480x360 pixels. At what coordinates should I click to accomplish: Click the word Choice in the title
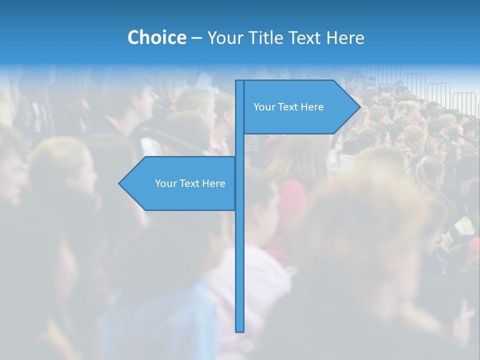[x=156, y=37]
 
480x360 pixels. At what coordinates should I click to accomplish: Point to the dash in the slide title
[x=196, y=38]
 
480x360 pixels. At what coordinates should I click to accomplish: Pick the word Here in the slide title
[x=345, y=37]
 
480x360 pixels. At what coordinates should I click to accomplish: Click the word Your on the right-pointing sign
[x=263, y=107]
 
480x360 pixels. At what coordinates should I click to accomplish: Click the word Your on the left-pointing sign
[x=165, y=183]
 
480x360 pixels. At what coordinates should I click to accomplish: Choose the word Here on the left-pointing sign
[x=214, y=183]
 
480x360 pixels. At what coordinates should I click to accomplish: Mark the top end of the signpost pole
[x=240, y=81]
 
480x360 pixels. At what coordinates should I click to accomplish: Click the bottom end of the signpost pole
[x=240, y=330]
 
